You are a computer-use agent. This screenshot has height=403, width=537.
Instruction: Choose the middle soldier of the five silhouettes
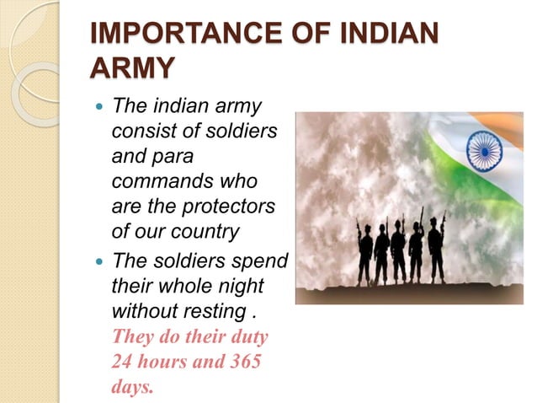coord(398,251)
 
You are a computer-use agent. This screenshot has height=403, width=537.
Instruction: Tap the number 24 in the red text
coord(124,363)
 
